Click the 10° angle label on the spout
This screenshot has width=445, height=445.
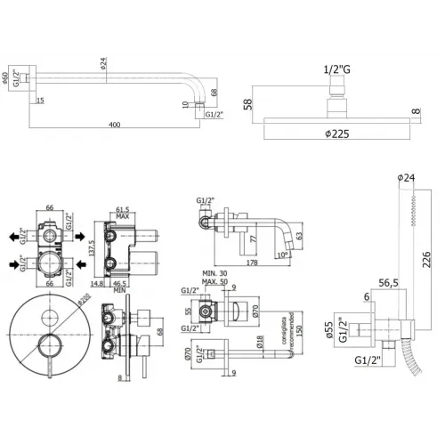coord(282,255)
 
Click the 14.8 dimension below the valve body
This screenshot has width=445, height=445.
coord(96,285)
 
